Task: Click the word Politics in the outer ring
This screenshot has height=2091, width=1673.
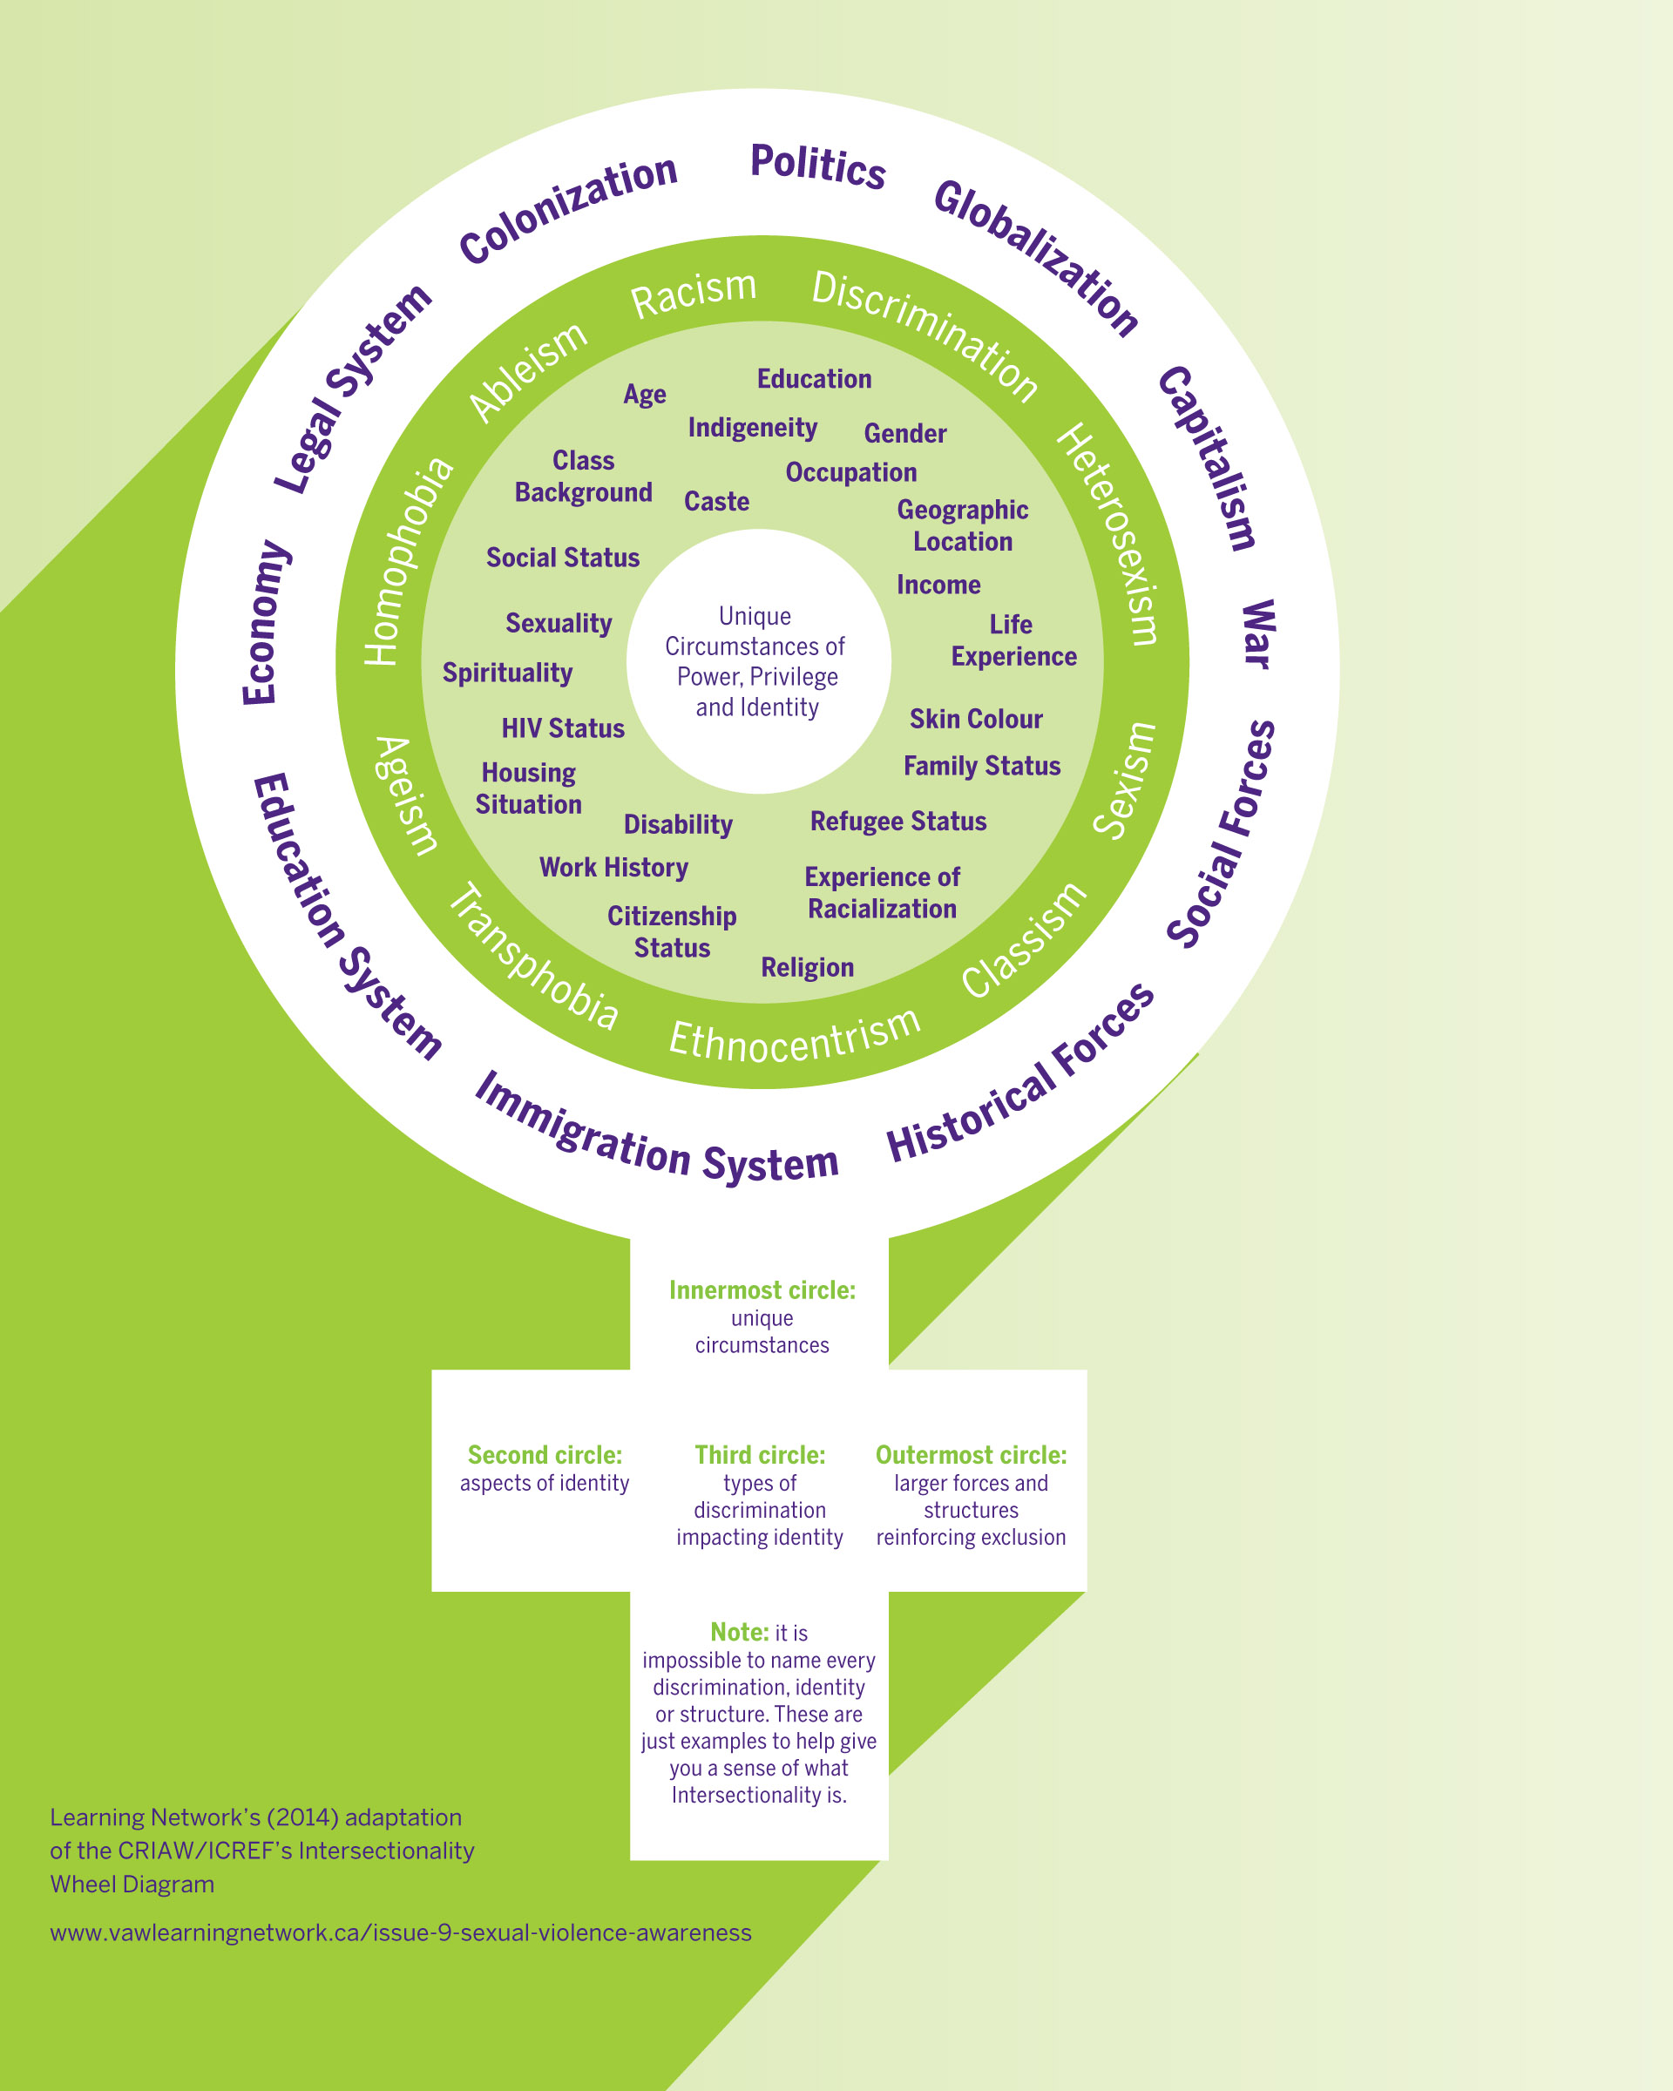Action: point(817,166)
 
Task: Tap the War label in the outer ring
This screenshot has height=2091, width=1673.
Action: point(1257,634)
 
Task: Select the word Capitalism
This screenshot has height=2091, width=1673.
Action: point(1208,457)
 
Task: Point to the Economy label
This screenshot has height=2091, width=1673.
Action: point(265,622)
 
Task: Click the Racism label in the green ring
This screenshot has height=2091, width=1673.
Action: point(694,293)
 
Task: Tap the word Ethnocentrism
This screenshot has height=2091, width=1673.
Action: point(795,1035)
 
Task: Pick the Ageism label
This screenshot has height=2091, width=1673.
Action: point(406,795)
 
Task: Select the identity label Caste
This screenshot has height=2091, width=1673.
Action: point(717,502)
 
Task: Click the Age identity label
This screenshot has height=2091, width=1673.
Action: point(645,395)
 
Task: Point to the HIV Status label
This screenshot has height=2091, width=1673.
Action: point(563,728)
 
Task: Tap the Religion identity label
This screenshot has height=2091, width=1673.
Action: point(807,967)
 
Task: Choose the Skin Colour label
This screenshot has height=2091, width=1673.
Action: point(976,719)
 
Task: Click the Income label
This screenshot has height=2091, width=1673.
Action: point(938,585)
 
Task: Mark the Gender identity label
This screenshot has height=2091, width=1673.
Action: point(904,434)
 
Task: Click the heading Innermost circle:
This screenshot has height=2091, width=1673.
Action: point(762,1290)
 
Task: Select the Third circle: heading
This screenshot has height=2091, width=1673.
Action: point(760,1455)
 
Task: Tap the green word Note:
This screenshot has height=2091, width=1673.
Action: point(739,1632)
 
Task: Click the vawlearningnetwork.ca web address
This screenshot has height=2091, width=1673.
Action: point(401,1932)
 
